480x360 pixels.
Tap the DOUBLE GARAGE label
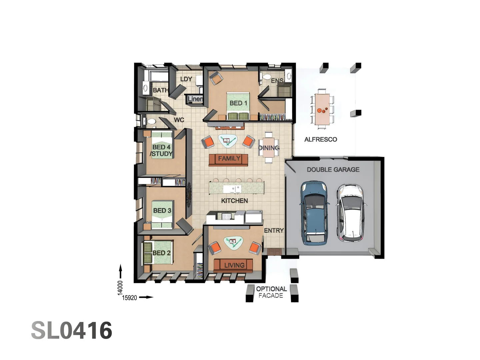click(333, 169)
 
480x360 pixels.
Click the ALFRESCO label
click(320, 139)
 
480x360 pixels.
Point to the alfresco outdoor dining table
click(322, 109)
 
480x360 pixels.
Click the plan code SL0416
click(72, 331)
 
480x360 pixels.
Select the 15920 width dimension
click(129, 298)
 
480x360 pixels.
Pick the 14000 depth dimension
click(120, 288)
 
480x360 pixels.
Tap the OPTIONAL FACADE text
click(271, 292)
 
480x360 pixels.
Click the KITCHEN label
click(234, 201)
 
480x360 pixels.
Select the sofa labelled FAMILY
click(229, 159)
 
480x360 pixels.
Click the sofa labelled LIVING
click(233, 265)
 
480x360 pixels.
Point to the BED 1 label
click(238, 103)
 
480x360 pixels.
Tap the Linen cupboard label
click(195, 99)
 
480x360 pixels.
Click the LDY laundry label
click(186, 79)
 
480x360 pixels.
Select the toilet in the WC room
click(151, 122)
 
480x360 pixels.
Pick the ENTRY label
click(274, 230)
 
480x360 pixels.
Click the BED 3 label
click(162, 210)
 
